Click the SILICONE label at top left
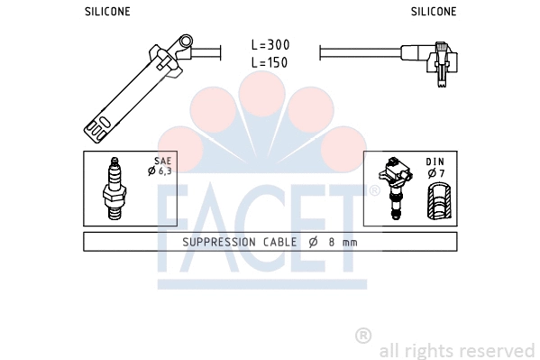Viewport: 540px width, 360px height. click(x=107, y=12)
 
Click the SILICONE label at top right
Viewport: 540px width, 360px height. click(x=434, y=12)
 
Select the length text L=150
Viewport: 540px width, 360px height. click(x=270, y=62)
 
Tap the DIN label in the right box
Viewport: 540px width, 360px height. click(x=435, y=162)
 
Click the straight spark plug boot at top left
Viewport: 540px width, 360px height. click(x=135, y=86)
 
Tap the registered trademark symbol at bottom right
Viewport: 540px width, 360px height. click(x=363, y=336)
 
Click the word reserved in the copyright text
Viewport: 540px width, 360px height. click(x=501, y=349)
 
